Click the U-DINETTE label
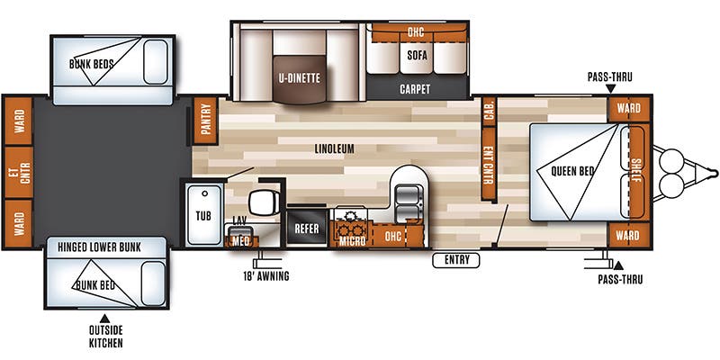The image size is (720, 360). click(300, 77)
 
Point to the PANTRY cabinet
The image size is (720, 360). click(206, 121)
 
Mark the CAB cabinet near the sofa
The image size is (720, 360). click(490, 108)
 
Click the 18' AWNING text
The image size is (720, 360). click(266, 276)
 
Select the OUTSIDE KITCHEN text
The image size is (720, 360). click(104, 337)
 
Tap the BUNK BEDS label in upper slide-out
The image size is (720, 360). click(92, 65)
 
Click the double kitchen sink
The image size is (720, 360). click(408, 195)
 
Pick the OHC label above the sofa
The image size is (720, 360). click(416, 32)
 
